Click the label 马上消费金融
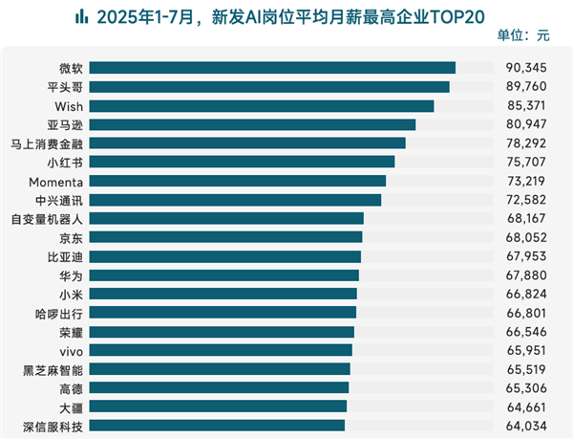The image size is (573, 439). [47, 143]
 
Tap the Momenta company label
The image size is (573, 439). [59, 181]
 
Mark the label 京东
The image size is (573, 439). [71, 237]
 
